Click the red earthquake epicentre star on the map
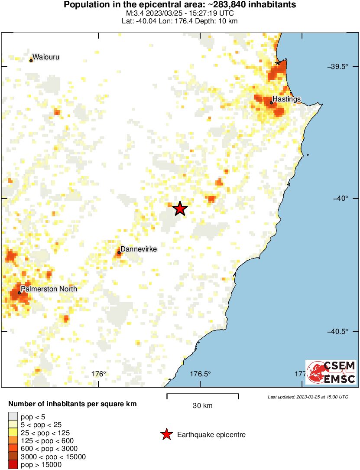180,209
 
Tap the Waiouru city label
46,57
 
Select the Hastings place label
286,99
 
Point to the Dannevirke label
138,249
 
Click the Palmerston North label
49,289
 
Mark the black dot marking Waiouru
31,61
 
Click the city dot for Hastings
271,103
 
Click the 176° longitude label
99,374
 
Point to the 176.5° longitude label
201,374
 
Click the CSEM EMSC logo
331,372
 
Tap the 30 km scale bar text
202,406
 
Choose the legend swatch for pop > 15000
13,465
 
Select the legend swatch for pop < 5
13,417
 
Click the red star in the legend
166,434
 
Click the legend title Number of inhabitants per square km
72,404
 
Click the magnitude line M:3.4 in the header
180,13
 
